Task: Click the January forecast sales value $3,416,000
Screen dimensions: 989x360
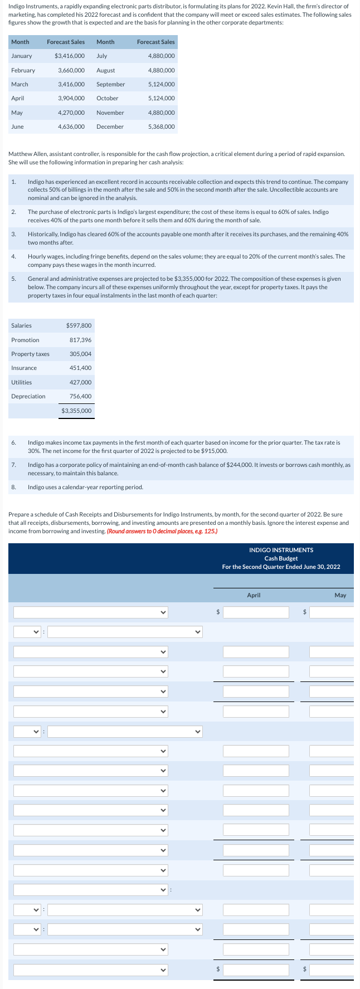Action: click(x=70, y=56)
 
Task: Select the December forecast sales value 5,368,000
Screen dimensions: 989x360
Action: click(x=162, y=126)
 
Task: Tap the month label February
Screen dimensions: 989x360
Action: click(x=23, y=70)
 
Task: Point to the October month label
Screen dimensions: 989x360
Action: click(x=107, y=98)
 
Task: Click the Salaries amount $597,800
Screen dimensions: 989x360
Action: click(x=79, y=325)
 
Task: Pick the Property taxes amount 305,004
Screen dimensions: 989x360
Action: click(x=80, y=354)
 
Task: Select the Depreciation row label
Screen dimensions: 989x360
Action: click(x=28, y=396)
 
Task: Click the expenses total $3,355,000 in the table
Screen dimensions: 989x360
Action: click(x=77, y=411)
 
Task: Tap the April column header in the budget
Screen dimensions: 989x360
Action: click(x=254, y=595)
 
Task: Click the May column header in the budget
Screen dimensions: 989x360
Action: click(x=340, y=595)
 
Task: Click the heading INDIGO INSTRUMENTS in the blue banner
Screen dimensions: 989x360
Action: click(x=281, y=550)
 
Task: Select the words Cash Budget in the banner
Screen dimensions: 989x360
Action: click(x=281, y=558)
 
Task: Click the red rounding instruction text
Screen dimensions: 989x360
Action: click(x=162, y=531)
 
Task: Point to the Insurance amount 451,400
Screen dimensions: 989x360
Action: click(x=80, y=368)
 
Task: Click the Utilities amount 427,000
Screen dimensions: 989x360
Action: click(x=80, y=382)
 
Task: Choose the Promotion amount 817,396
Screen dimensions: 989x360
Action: click(x=80, y=340)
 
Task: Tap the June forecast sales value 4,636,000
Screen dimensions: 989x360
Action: click(x=71, y=126)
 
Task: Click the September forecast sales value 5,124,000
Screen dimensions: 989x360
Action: click(x=162, y=84)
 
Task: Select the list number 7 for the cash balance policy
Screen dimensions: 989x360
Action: click(x=13, y=465)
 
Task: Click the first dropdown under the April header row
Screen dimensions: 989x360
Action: click(x=91, y=612)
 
